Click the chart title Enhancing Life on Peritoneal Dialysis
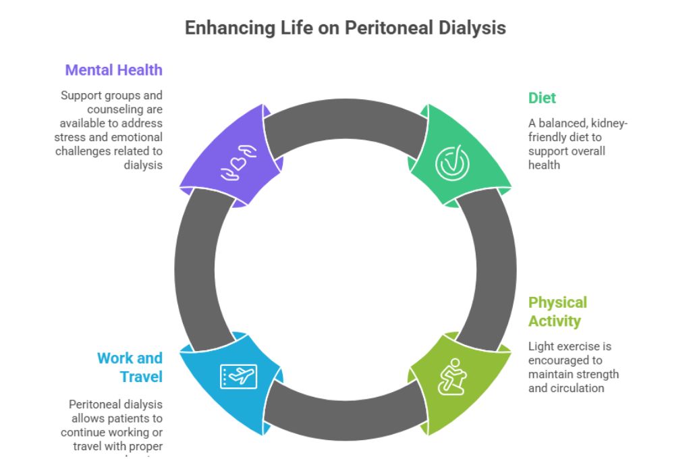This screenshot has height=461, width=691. pos(345,28)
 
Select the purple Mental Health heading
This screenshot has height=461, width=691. pos(113,70)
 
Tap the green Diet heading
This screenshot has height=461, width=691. pos(542,98)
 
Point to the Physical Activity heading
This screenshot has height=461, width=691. pos(557,310)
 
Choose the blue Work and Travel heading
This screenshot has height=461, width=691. pos(130,367)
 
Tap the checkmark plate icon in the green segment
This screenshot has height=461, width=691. pos(451,163)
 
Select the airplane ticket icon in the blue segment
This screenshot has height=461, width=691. pos(239,376)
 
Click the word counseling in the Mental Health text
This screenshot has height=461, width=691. pos(124,109)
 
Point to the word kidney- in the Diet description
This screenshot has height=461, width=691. pos(607,123)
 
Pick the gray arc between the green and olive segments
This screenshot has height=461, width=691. pos(489,263)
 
